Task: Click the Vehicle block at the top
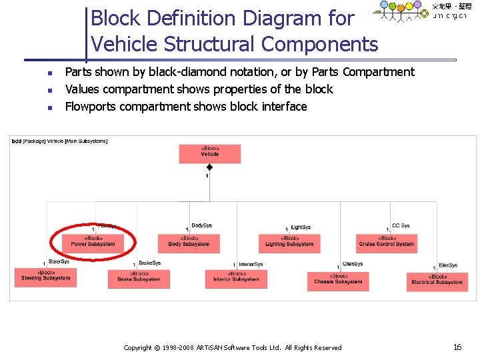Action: [209, 153]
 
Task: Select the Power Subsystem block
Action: [93, 242]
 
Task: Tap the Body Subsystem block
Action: [189, 242]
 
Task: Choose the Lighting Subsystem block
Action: [289, 242]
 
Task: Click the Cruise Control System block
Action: [387, 242]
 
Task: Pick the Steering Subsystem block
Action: [45, 277]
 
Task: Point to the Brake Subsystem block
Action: [139, 278]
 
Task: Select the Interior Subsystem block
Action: [236, 278]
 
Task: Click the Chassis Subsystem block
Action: [338, 281]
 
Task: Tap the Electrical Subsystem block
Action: [437, 281]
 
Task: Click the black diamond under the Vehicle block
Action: [209, 167]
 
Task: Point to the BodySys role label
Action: [201, 225]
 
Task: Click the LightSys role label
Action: [301, 227]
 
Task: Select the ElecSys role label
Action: [448, 265]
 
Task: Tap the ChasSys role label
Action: [352, 264]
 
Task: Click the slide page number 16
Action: [457, 347]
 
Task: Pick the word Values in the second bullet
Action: [81, 89]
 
